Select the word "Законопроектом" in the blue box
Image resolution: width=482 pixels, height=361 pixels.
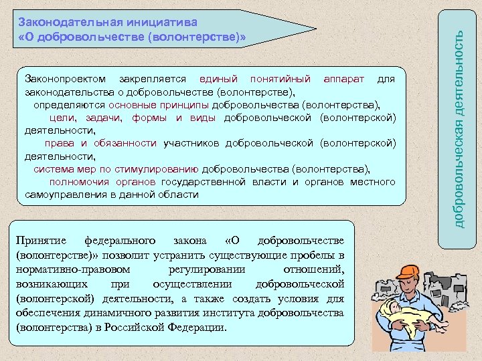pyautogui.click(x=63, y=80)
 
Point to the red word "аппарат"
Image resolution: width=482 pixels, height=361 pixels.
pyautogui.click(x=343, y=80)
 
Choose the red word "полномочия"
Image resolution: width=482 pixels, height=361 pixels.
pyautogui.click(x=79, y=182)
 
